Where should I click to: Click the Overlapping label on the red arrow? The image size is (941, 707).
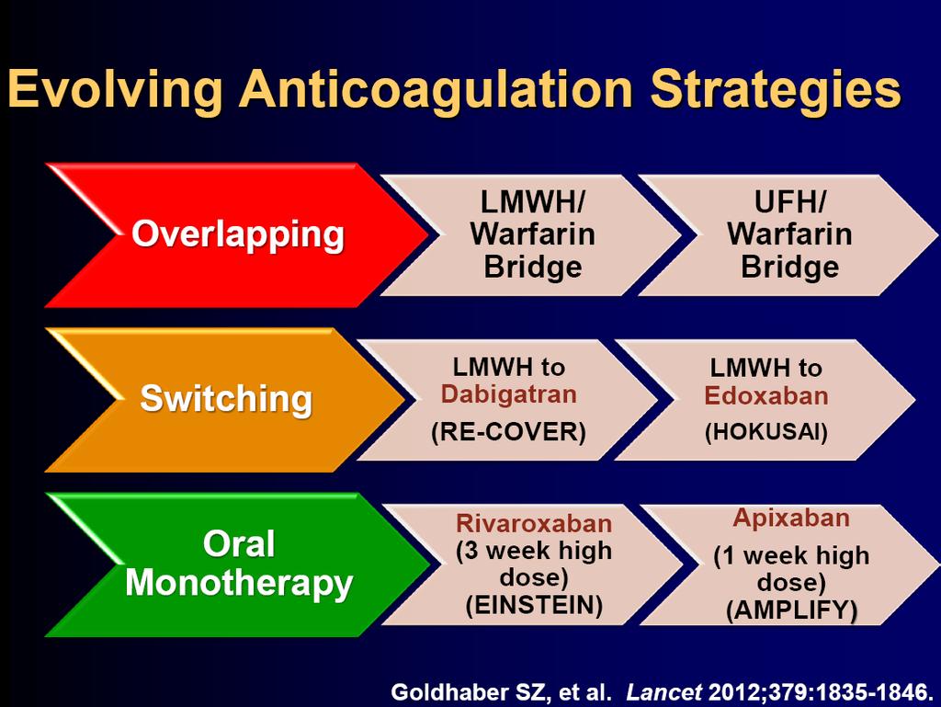(x=238, y=235)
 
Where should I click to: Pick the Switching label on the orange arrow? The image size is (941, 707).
(x=226, y=398)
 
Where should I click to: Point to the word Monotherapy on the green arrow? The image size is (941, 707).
(x=239, y=584)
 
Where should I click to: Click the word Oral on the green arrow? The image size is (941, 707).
(x=239, y=543)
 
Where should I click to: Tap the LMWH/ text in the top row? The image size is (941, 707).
(x=532, y=202)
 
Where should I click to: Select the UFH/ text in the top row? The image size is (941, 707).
(x=789, y=202)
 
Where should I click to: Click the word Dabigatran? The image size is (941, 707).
(x=509, y=394)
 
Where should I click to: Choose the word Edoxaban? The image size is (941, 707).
(x=766, y=395)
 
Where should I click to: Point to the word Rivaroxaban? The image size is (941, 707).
(x=534, y=523)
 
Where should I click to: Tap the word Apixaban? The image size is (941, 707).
(x=791, y=518)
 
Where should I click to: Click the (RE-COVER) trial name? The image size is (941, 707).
(x=508, y=432)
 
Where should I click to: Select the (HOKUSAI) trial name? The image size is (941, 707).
(x=766, y=432)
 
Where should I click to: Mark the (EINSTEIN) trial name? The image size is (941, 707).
(x=534, y=606)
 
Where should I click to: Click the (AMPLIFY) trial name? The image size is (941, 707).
(x=791, y=611)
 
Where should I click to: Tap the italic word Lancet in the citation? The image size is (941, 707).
(x=663, y=692)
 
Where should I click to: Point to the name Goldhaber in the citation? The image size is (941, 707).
(x=450, y=692)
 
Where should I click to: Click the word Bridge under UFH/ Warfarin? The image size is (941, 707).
(x=789, y=267)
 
